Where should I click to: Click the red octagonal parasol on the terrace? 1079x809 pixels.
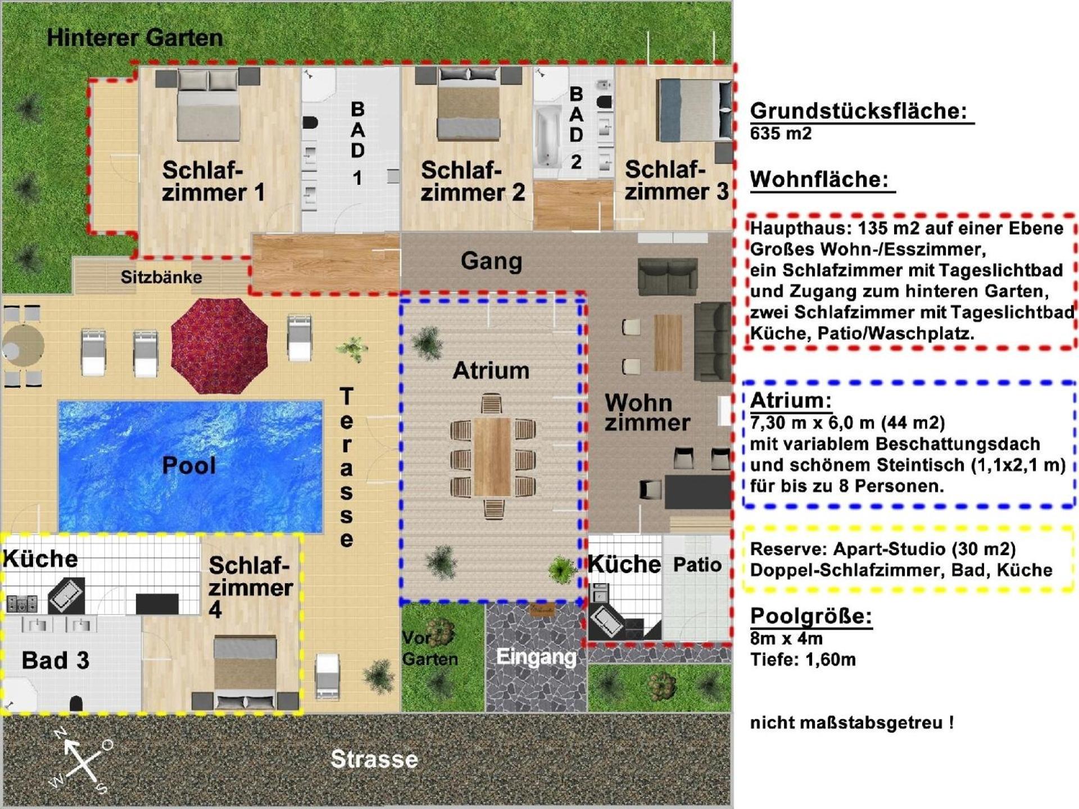coord(219,346)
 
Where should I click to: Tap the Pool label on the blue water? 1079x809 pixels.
coord(189,465)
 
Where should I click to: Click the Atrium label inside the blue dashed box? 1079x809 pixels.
coord(491,371)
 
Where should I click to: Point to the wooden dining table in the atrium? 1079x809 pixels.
coord(492,456)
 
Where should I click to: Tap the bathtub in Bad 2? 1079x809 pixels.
coord(547,137)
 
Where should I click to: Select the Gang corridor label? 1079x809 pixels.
coord(492,261)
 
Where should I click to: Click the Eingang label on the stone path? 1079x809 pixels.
coord(536,657)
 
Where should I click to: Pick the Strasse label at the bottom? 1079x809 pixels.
coord(374,760)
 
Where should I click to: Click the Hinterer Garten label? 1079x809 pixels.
coord(135,38)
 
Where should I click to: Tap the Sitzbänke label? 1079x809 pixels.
coord(161,277)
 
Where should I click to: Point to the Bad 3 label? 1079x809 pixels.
coord(55,661)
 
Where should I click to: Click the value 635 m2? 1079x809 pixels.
coord(781,134)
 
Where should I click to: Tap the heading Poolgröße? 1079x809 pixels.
coord(811,616)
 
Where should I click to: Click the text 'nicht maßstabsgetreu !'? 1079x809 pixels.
coord(852,722)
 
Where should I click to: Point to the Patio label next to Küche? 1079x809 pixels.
coord(697,565)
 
